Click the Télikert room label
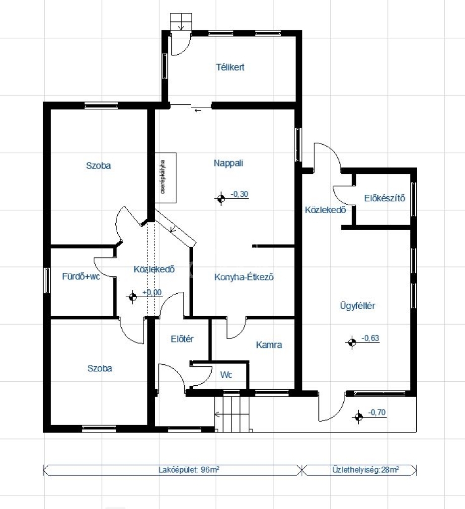(x=230, y=67)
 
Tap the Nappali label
(x=228, y=163)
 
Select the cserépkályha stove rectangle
(x=165, y=177)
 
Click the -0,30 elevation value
(x=239, y=194)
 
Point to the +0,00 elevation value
(x=152, y=292)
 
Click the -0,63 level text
(x=370, y=338)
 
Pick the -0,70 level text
(x=377, y=413)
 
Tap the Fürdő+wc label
(x=81, y=276)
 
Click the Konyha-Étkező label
(x=244, y=277)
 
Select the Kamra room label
(x=269, y=345)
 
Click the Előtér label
(x=182, y=339)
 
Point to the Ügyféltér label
(x=358, y=306)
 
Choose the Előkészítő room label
(x=385, y=198)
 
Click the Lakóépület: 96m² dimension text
(x=189, y=470)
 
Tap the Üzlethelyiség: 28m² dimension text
(x=366, y=470)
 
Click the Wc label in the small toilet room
(x=226, y=375)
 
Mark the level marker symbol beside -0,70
(x=358, y=417)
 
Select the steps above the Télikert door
(x=181, y=22)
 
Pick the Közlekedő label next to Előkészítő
(x=325, y=210)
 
